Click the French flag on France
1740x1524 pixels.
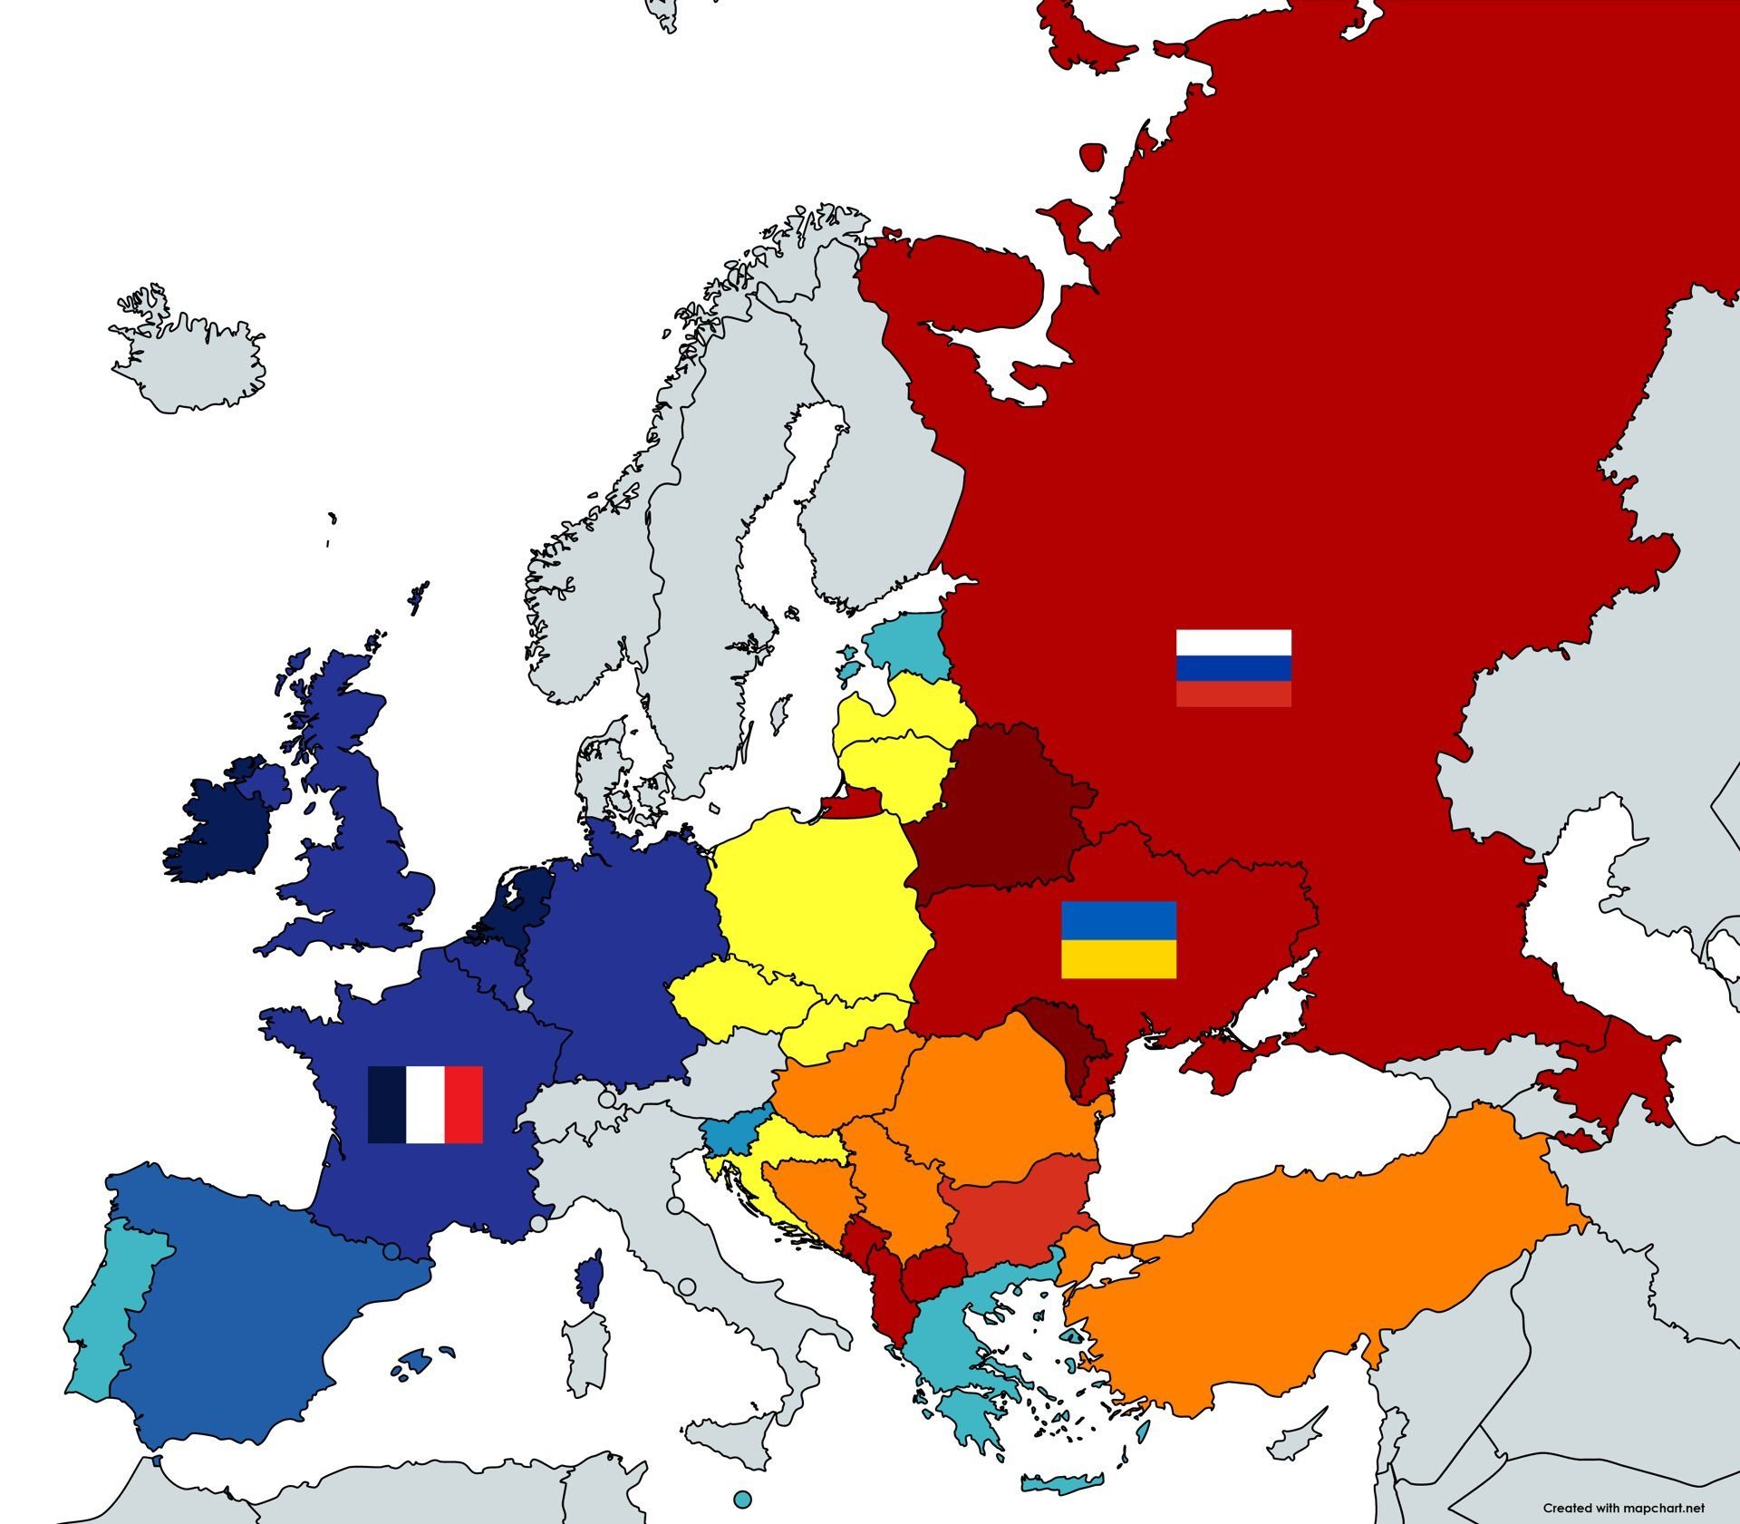pos(425,1104)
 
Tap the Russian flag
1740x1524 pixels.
pos(1233,667)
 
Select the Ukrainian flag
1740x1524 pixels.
pos(1118,939)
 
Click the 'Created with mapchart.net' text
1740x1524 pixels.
pos(1623,1508)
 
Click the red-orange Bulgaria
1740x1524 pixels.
pos(1015,1206)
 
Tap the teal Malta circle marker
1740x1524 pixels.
pos(743,1500)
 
